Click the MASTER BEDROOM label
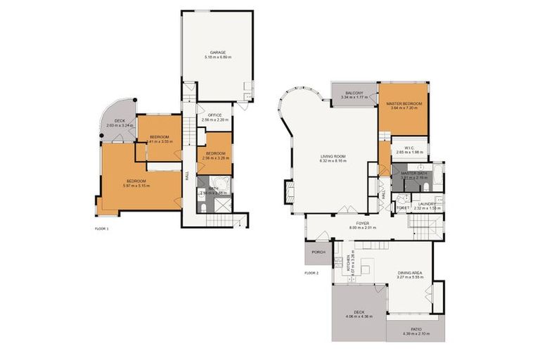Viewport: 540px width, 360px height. click(403, 103)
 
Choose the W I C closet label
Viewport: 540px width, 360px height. click(403, 148)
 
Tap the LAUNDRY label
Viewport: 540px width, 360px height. click(427, 204)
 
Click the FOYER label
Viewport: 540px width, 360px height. click(358, 223)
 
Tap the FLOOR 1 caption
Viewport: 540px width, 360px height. click(102, 229)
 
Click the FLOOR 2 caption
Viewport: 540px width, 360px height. click(311, 272)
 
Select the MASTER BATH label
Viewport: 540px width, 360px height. click(414, 173)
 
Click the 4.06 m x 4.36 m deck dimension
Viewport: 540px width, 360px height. click(359, 317)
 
